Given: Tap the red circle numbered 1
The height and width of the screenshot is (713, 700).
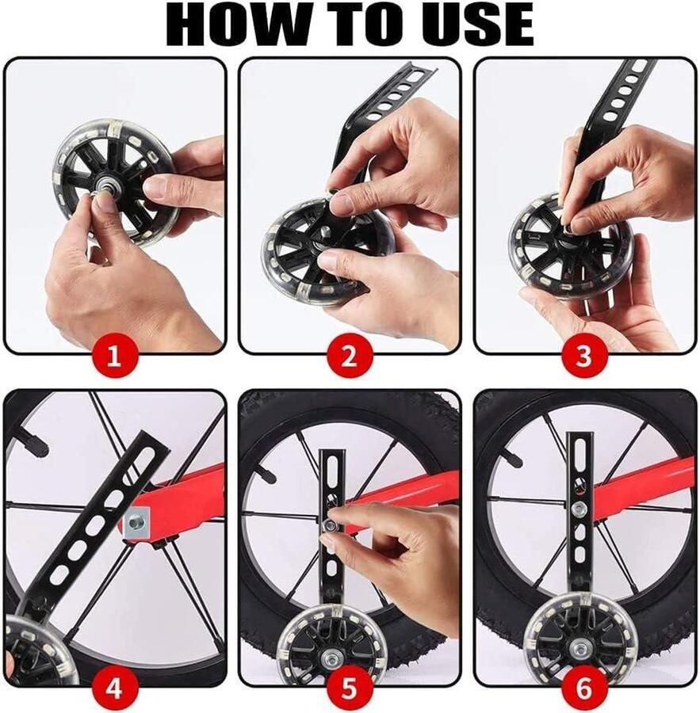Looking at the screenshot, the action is (114, 357).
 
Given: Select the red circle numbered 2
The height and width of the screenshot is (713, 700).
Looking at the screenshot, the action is (349, 357).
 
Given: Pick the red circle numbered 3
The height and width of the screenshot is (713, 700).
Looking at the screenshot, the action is (584, 357).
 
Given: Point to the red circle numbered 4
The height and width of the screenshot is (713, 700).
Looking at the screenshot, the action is (114, 688).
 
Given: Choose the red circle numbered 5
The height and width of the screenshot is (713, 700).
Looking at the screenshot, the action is (349, 688).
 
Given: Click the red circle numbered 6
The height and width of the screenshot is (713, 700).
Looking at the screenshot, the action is (584, 688).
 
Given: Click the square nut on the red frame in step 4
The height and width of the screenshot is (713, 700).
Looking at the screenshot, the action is (136, 523).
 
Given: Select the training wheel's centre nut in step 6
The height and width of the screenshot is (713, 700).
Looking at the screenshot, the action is (580, 647).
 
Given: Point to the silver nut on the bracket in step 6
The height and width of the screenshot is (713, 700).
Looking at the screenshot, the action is (579, 509).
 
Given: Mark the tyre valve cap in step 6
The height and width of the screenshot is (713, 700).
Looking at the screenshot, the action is (511, 458).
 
